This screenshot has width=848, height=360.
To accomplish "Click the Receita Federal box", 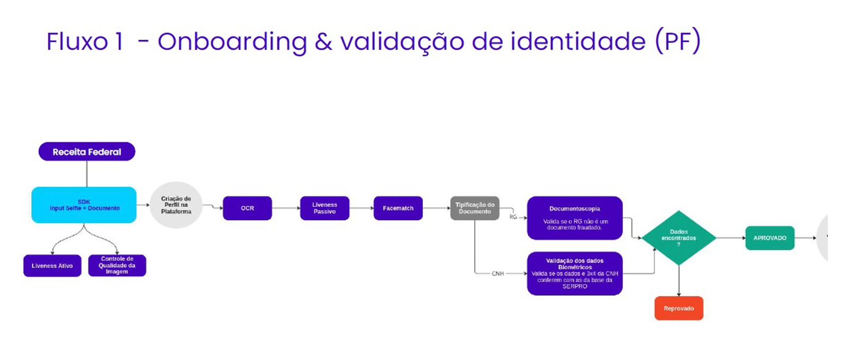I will pos(87,152).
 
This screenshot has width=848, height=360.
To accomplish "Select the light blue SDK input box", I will pos(84,205).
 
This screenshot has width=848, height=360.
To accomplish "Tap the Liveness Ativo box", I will pos(52,266).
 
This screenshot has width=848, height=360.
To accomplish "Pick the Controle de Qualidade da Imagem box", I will pos(117,266).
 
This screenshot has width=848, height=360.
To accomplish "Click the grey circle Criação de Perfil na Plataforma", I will pos(176,205).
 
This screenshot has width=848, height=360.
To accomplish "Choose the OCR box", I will pos(247,208).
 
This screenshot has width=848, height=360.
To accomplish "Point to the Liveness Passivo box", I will pos(324,208).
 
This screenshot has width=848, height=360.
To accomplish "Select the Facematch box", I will pos(398,208).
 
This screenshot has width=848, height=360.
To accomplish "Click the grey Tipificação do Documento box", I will pos(475,208).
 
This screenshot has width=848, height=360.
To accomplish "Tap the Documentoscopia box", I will pos(575,218).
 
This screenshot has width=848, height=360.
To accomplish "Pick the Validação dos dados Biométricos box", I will pos(575,274).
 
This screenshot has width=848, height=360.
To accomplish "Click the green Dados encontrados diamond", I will pos(678,238).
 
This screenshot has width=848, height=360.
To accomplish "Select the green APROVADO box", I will pos(770,238).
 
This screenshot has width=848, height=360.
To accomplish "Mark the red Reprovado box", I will pos(678,309).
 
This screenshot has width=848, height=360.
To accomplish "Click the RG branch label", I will pos(513,217).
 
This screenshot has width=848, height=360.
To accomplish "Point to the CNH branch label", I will pos(498,274).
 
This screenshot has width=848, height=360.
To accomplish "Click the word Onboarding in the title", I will pos(232,42).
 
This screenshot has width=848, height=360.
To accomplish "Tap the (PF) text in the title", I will pos(678,42).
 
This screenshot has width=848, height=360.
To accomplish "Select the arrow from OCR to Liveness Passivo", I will pos(286,208).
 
